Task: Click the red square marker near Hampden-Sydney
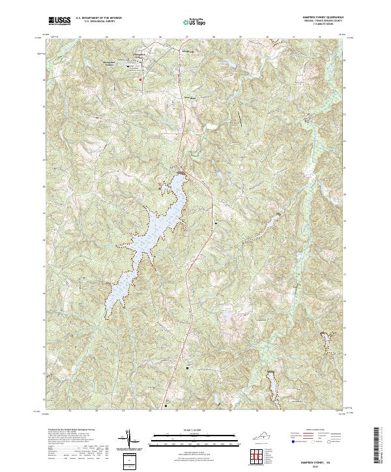point(140,79)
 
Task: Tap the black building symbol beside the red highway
point(216,223)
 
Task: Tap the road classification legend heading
point(314,430)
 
